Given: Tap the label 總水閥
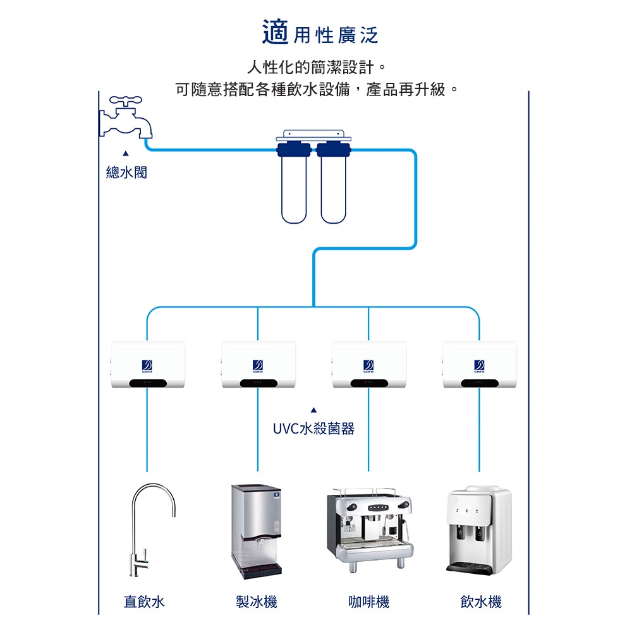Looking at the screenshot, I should [126, 172].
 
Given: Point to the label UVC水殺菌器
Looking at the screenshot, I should [313, 429].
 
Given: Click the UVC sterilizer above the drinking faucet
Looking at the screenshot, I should [147, 365].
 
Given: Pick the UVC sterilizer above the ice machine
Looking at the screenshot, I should [258, 365].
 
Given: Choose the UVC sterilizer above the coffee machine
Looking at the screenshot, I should [368, 365].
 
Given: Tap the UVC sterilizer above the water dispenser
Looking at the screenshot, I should [479, 365].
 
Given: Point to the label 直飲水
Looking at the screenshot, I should [144, 602].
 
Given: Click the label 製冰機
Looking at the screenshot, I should [256, 602].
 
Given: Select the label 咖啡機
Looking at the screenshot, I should [368, 602].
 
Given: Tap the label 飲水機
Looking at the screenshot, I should [481, 602].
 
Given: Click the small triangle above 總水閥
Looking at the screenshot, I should [126, 153].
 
